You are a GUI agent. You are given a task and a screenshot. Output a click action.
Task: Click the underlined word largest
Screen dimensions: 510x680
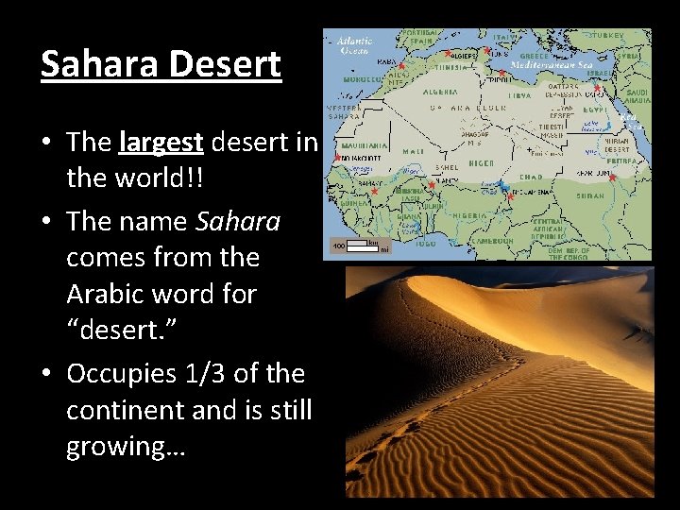click(161, 142)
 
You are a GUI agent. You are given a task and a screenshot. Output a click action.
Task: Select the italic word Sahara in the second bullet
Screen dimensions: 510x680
click(238, 221)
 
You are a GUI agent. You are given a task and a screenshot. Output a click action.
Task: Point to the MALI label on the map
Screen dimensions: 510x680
click(413, 149)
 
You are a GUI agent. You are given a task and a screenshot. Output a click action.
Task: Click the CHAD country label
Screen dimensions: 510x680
click(529, 175)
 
